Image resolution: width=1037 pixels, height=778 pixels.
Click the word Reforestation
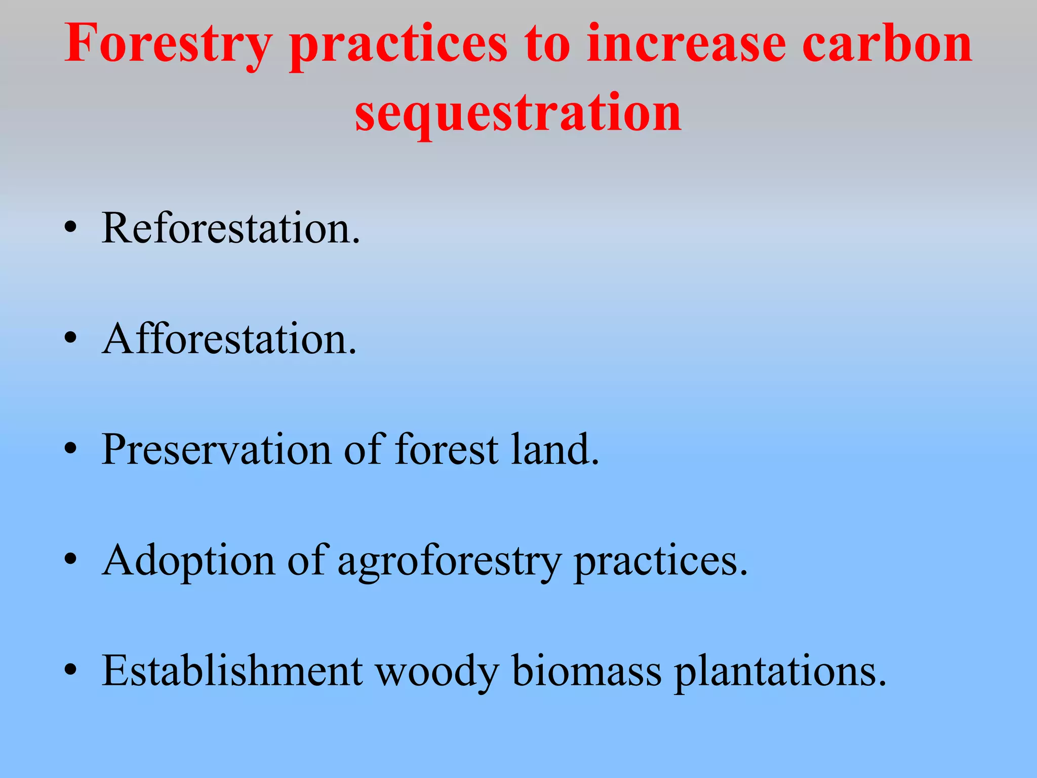tap(230, 228)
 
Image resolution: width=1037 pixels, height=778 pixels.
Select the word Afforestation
tap(229, 338)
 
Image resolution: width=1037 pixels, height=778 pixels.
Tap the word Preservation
tap(216, 449)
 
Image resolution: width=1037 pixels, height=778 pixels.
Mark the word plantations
tap(780, 671)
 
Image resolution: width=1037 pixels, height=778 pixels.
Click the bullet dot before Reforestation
tap(70, 228)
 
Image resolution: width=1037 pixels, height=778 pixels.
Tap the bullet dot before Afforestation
tap(70, 339)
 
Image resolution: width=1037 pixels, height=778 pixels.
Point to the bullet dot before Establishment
tap(70, 671)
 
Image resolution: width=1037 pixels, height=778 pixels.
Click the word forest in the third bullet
tap(446, 449)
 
